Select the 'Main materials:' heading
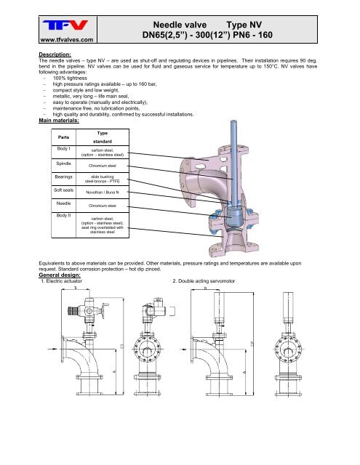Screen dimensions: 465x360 (65, 121)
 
